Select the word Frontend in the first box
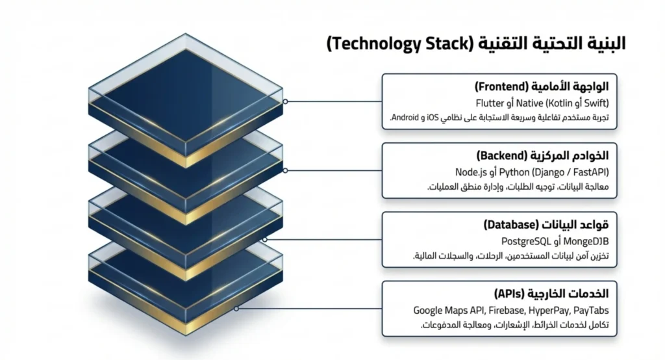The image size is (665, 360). (501, 86)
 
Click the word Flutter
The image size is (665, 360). (490, 103)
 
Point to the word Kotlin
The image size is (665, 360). (562, 103)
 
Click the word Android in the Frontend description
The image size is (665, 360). (405, 117)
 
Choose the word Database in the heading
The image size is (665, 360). (511, 225)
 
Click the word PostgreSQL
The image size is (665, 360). (526, 242)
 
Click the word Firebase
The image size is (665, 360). (506, 311)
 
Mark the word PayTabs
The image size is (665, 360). (591, 311)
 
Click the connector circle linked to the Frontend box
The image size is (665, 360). (286, 101)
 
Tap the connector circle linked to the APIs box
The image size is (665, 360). (236, 309)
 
